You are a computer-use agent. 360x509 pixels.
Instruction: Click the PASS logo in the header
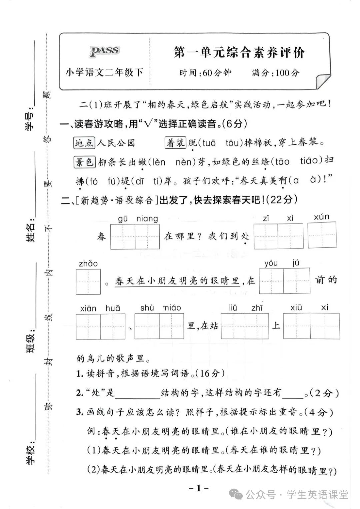pyautogui.click(x=104, y=52)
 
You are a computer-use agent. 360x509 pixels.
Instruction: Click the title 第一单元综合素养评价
pyautogui.click(x=239, y=52)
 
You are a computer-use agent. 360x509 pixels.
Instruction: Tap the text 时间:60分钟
pyautogui.click(x=205, y=73)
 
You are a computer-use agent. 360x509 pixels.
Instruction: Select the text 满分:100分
pyautogui.click(x=275, y=73)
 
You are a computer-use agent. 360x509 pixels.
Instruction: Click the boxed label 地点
pyautogui.click(x=84, y=143)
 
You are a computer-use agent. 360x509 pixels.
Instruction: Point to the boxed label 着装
pyautogui.click(x=175, y=143)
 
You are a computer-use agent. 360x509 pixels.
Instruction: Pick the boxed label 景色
pyautogui.click(x=85, y=162)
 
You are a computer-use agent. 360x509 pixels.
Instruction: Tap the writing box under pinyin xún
pyautogui.click(x=322, y=235)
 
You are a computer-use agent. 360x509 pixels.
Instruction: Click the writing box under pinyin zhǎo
pyautogui.click(x=88, y=282)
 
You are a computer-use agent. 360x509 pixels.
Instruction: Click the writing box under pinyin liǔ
pyautogui.click(x=233, y=326)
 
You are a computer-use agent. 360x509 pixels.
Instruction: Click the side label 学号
pyautogui.click(x=30, y=121)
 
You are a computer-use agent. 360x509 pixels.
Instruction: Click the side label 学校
pyautogui.click(x=30, y=455)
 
